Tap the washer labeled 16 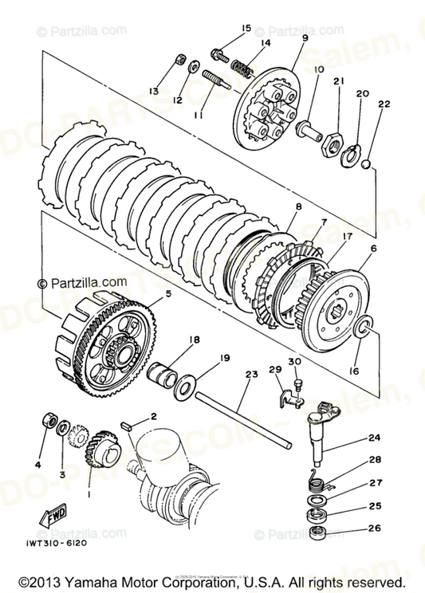[x=365, y=326]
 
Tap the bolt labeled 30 [x=297, y=385]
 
